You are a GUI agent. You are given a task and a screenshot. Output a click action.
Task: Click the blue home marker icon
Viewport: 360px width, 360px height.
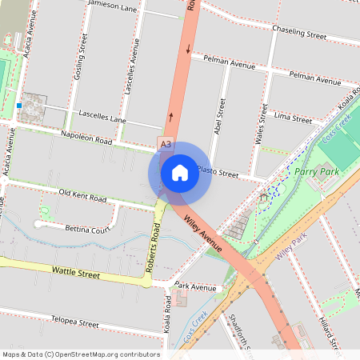pos(180,172)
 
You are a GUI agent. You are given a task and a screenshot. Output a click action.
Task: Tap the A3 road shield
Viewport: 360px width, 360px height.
pos(165,144)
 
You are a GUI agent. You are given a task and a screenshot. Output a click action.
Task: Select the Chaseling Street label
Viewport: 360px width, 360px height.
pos(299,35)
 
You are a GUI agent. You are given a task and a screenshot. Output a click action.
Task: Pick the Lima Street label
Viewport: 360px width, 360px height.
pos(292,118)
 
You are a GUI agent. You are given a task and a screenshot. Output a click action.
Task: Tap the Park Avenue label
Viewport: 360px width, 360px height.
pos(195,286)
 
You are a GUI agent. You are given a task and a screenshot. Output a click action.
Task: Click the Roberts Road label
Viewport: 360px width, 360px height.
pos(154,248)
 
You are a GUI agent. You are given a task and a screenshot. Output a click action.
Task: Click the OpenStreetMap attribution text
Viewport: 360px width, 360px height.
pos(81,354)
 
